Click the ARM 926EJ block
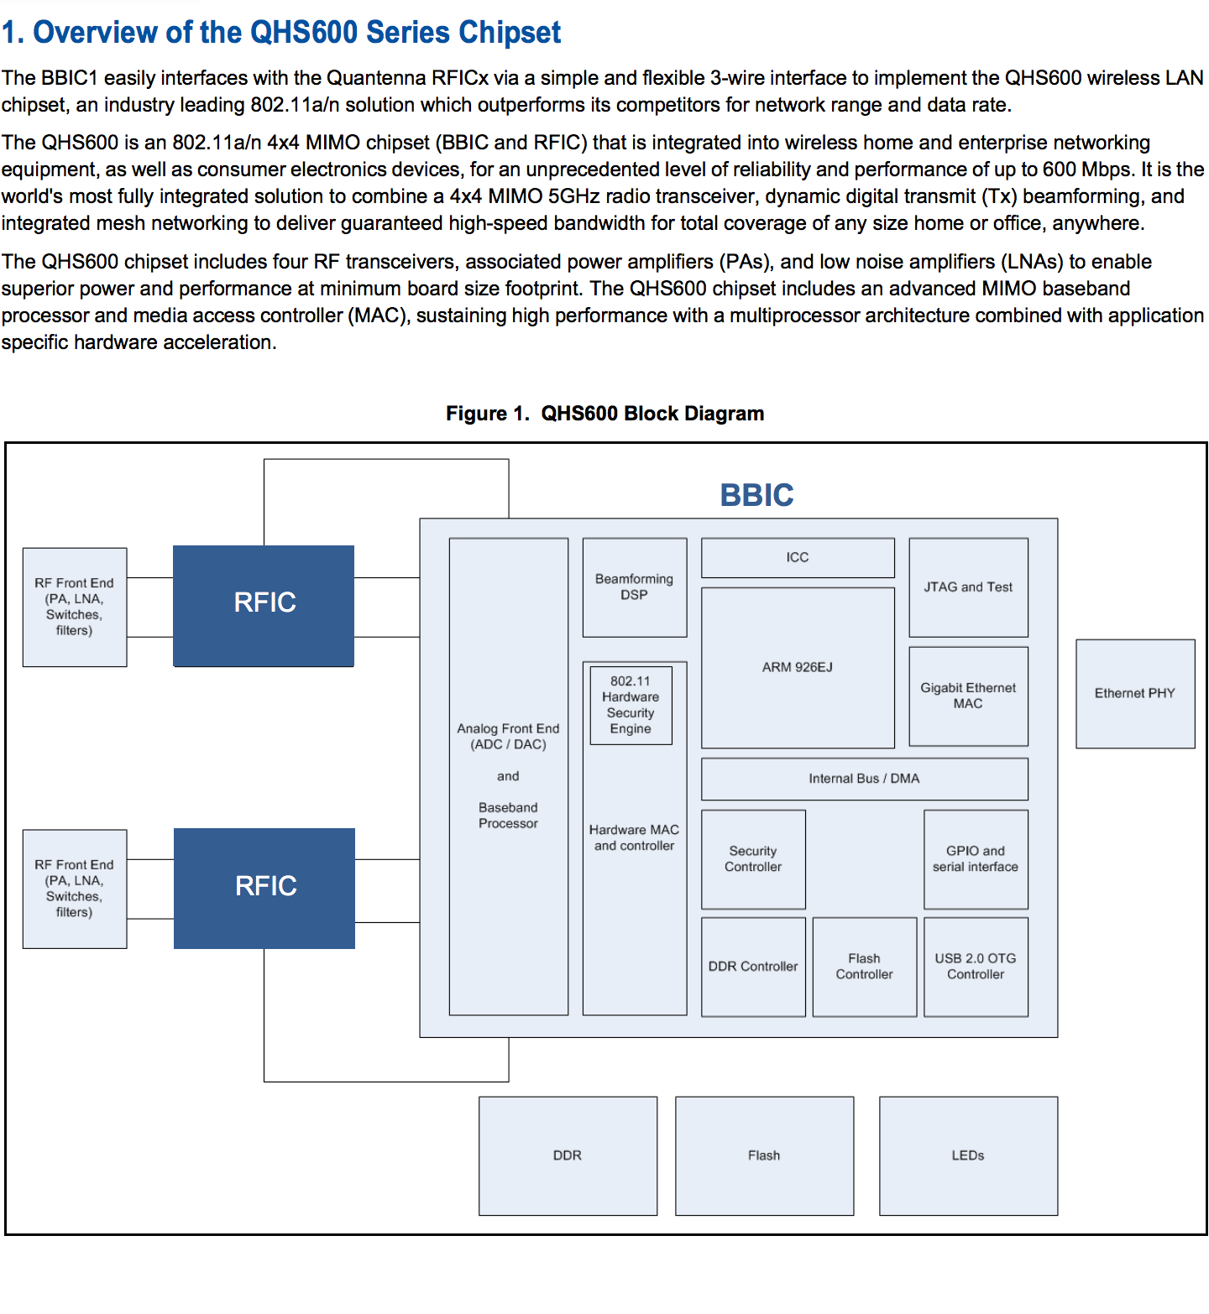[798, 668]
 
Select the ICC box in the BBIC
[798, 557]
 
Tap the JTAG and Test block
[968, 587]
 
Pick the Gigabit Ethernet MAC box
[968, 696]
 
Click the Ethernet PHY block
[1135, 693]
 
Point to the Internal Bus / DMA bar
[864, 779]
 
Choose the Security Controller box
[753, 859]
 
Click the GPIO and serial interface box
[976, 859]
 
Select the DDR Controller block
[753, 967]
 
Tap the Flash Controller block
[865, 967]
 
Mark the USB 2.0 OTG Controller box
[976, 967]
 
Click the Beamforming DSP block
[635, 587]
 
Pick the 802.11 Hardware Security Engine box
[631, 705]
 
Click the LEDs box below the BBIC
[968, 1155]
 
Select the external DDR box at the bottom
[568, 1155]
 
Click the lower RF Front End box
[75, 889]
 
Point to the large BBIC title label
[756, 495]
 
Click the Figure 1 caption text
[604, 414]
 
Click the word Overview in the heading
[95, 33]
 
